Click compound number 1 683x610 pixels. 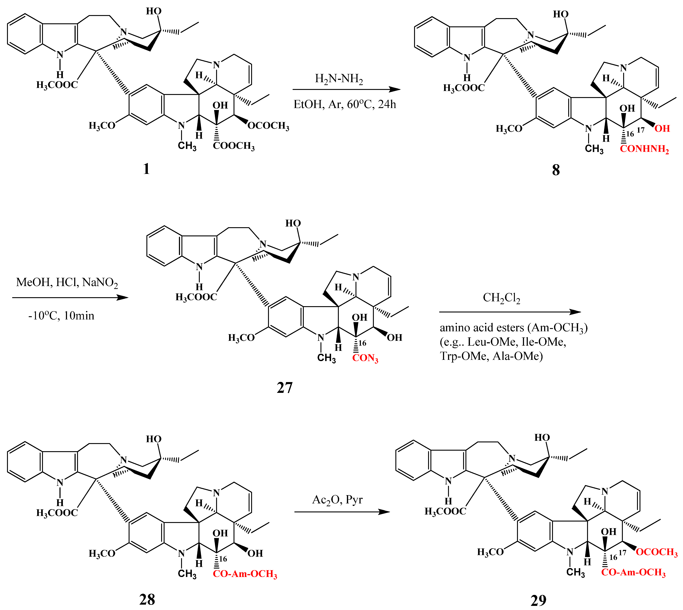[x=146, y=169]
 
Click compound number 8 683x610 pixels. [x=556, y=170]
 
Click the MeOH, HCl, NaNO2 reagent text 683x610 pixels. [x=67, y=282]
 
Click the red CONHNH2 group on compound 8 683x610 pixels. [x=644, y=149]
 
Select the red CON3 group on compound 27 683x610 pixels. [x=365, y=358]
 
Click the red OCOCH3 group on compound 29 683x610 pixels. [x=656, y=552]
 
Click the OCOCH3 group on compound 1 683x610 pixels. [x=268, y=126]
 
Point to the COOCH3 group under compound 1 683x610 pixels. [x=234, y=146]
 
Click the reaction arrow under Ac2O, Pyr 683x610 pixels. [x=342, y=512]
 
